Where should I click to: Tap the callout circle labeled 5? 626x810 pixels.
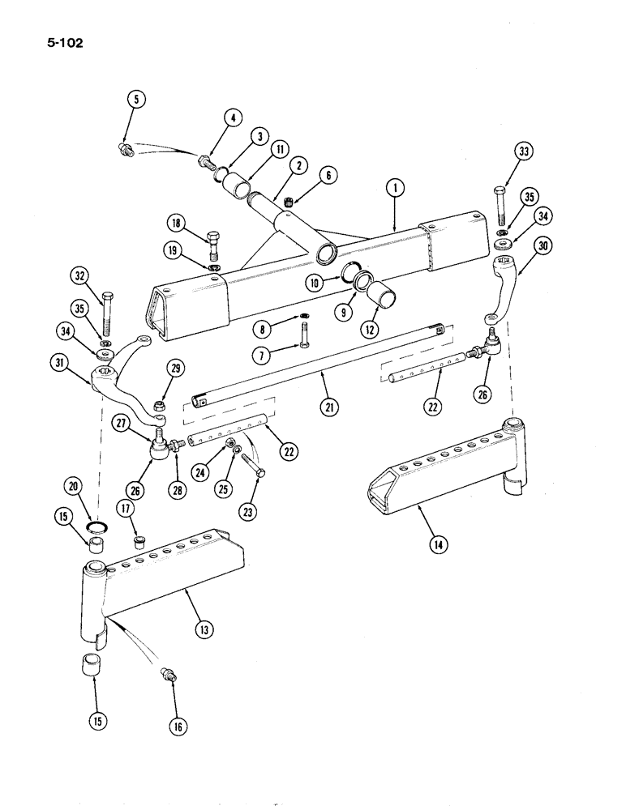(x=136, y=100)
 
